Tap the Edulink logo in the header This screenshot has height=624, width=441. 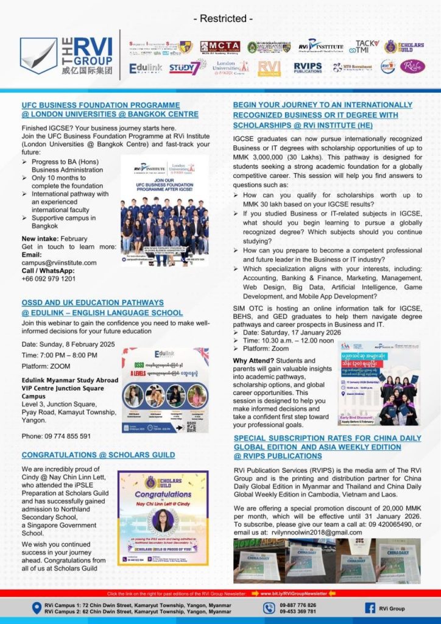click(x=146, y=68)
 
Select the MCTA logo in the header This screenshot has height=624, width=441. click(x=220, y=47)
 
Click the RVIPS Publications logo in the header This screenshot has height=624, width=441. click(x=308, y=67)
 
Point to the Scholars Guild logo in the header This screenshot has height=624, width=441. click(x=400, y=47)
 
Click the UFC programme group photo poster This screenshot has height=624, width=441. click(x=164, y=202)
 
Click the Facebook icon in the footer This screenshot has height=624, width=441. click(x=370, y=608)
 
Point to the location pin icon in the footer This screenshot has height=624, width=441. click(x=38, y=608)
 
